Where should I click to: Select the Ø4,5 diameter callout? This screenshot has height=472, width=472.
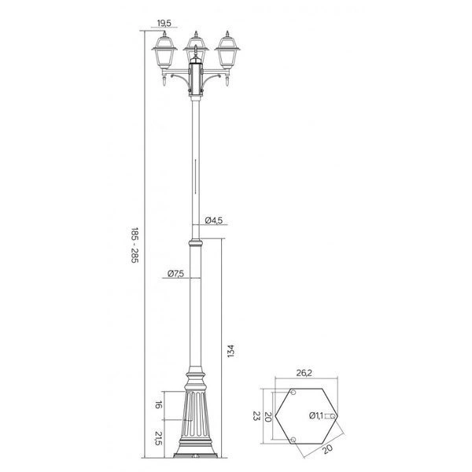(216, 220)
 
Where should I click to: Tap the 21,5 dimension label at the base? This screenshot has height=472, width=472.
(157, 437)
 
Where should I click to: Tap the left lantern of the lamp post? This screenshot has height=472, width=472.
(165, 55)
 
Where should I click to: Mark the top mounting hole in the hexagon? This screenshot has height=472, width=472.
(293, 392)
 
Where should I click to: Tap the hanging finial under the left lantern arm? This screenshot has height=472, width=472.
(161, 79)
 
